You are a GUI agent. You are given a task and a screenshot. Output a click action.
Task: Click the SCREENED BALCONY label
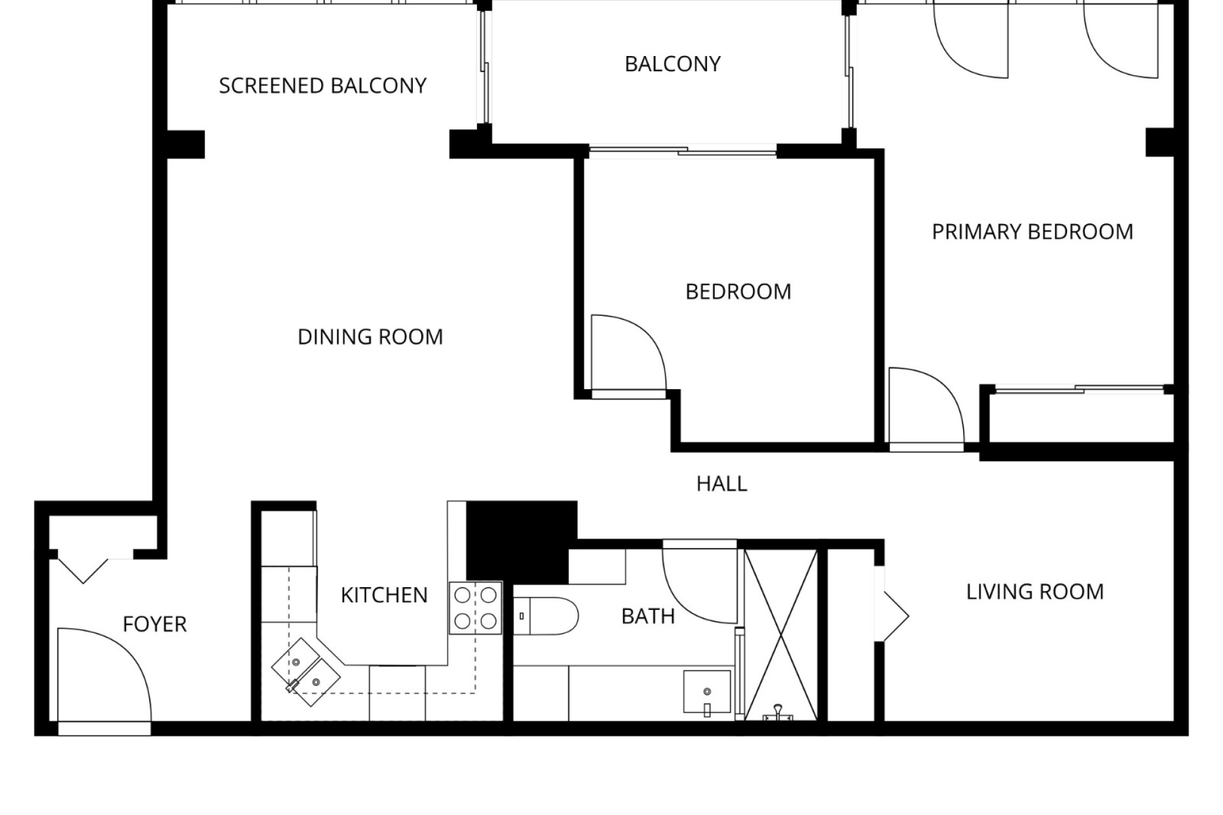[x=323, y=86]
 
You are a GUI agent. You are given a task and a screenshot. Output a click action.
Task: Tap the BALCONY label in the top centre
[x=673, y=64]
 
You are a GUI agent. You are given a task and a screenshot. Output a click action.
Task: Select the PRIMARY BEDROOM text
[x=1033, y=232]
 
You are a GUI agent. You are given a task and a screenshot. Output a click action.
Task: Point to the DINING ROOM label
[x=370, y=337]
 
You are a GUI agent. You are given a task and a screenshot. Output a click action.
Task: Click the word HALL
[x=722, y=484]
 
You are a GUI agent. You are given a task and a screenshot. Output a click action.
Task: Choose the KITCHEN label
[x=384, y=595]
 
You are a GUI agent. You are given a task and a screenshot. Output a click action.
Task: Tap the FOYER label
[x=155, y=625]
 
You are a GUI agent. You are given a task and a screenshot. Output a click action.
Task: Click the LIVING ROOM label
[x=1035, y=592]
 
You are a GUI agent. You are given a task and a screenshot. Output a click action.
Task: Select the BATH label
[x=648, y=616]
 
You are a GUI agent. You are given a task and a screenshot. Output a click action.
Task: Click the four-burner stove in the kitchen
[x=475, y=607]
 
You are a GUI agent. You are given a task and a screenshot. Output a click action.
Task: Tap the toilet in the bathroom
[x=545, y=616]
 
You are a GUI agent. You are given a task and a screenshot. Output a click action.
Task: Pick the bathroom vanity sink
[x=707, y=692]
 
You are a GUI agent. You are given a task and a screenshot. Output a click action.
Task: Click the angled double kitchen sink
[x=306, y=672]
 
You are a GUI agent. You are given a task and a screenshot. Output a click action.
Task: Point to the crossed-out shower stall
[x=780, y=635]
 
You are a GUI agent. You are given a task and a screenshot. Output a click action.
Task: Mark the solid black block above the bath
[x=521, y=542]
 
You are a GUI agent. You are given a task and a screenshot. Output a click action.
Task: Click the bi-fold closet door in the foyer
[x=83, y=570]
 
